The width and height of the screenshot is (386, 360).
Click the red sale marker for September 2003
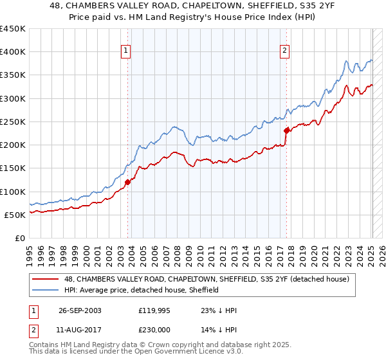127,182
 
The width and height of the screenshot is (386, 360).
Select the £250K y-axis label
13,122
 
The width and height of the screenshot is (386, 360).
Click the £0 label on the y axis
19,238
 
